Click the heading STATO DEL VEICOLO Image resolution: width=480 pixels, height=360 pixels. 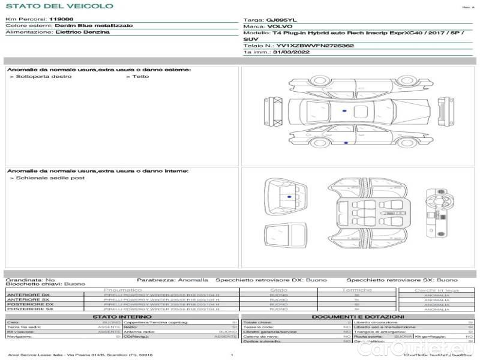point(59,6)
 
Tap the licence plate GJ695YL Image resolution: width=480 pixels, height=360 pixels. point(278,20)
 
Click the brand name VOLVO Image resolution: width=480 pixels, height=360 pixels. point(280,26)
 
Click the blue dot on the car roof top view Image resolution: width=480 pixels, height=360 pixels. point(344,112)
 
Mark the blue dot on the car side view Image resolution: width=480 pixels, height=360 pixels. point(346,143)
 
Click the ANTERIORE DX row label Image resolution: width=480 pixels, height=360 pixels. point(28,295)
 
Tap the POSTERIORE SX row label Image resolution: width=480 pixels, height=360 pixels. point(29,308)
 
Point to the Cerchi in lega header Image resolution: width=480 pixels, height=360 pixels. point(436,290)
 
